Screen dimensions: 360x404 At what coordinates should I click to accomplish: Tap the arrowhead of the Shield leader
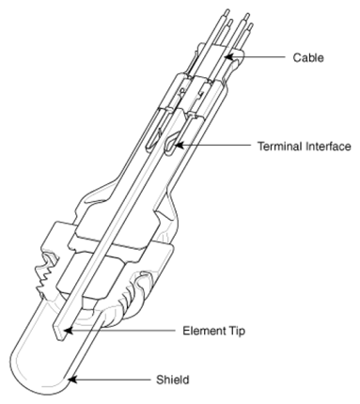tap(70, 380)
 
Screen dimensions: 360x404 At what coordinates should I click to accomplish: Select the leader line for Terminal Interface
tap(216, 147)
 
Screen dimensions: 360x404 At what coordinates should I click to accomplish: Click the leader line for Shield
tap(113, 380)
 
